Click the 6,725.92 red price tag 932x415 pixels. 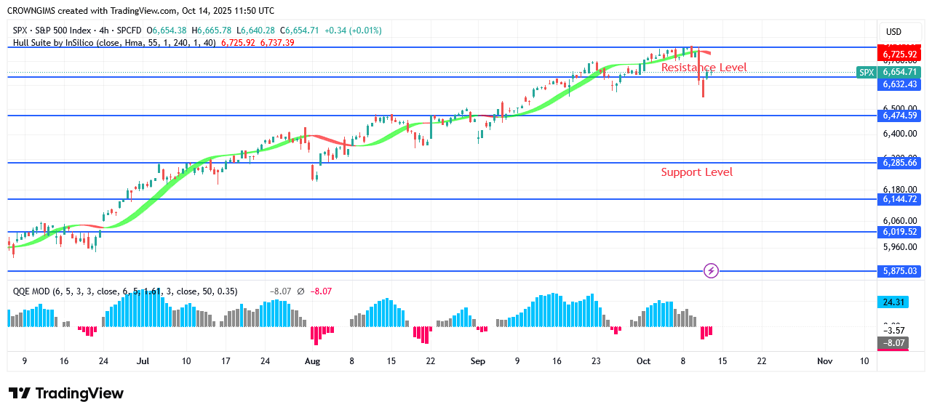tap(899, 55)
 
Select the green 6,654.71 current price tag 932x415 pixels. tap(899, 72)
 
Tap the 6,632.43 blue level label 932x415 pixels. tap(899, 84)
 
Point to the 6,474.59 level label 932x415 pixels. tap(899, 116)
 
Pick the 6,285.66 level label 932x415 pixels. tap(899, 164)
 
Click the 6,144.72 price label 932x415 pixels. tap(899, 199)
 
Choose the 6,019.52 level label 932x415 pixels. tap(899, 232)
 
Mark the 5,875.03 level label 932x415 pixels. tap(899, 271)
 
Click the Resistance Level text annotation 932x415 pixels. tap(704, 68)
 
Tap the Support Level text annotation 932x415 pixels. tap(696, 172)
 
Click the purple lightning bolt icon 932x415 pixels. tap(712, 271)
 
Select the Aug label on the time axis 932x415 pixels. tap(312, 360)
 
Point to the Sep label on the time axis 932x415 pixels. tap(477, 360)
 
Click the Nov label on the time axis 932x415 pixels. tap(824, 360)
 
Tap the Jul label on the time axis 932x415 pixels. tap(143, 360)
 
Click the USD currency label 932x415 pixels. tap(893, 32)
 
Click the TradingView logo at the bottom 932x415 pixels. tap(66, 393)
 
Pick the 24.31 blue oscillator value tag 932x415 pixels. tap(894, 302)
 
